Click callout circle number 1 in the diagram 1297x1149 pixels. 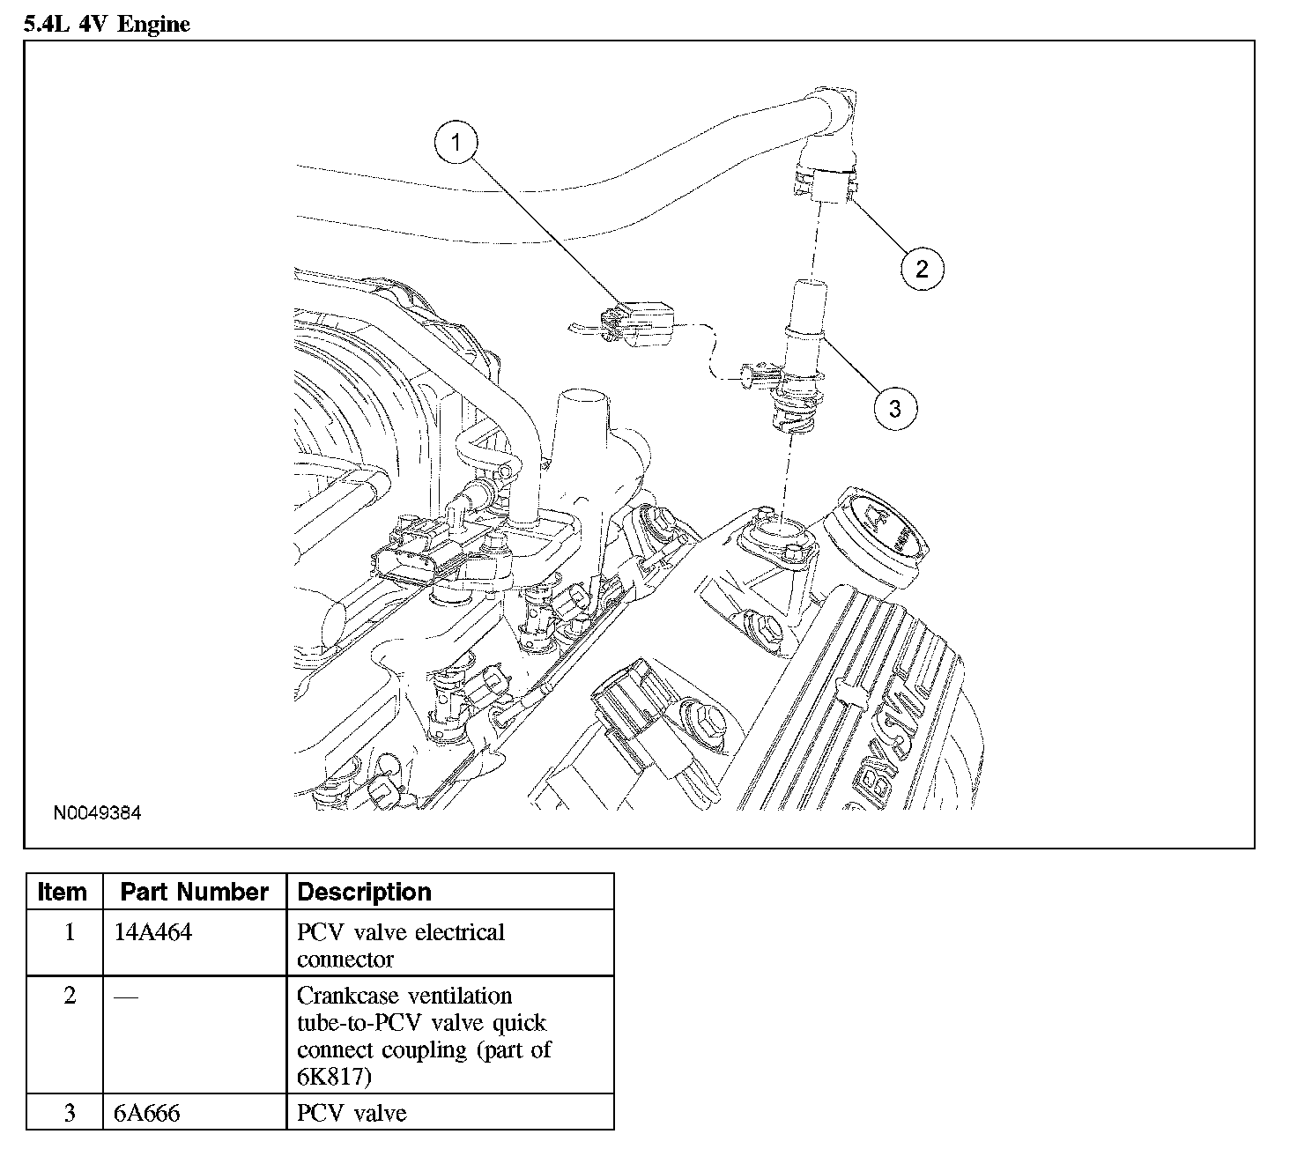(x=456, y=143)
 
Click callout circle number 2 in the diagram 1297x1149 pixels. (x=922, y=268)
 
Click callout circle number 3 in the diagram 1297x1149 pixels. (x=894, y=409)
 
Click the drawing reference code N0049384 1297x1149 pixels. (x=96, y=813)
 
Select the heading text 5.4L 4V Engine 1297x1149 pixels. (x=107, y=24)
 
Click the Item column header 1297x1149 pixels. (x=63, y=892)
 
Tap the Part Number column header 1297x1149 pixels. (x=194, y=892)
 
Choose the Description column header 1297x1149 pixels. (x=365, y=892)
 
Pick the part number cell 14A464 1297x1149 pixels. (x=153, y=932)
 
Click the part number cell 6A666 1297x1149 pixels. (x=147, y=1113)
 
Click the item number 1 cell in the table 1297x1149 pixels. (x=69, y=932)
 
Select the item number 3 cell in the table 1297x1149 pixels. (x=69, y=1113)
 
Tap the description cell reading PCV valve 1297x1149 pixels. (x=352, y=1113)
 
